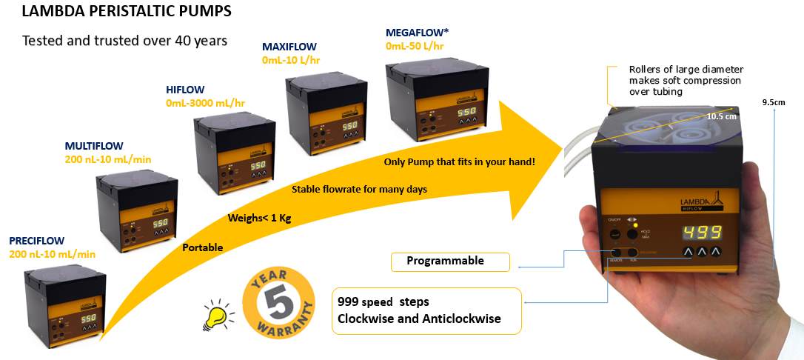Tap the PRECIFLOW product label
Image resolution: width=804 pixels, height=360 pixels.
36,241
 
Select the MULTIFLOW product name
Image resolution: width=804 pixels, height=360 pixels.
93,146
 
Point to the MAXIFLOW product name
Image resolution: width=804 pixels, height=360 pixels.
289,46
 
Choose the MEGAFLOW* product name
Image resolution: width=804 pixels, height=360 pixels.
416,33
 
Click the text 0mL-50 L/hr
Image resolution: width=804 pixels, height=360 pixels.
415,45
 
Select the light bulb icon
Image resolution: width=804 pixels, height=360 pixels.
215,314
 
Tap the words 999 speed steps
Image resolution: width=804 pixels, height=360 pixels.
382,302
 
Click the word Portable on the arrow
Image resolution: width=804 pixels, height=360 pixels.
202,247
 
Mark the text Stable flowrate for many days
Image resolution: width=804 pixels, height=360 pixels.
359,190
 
